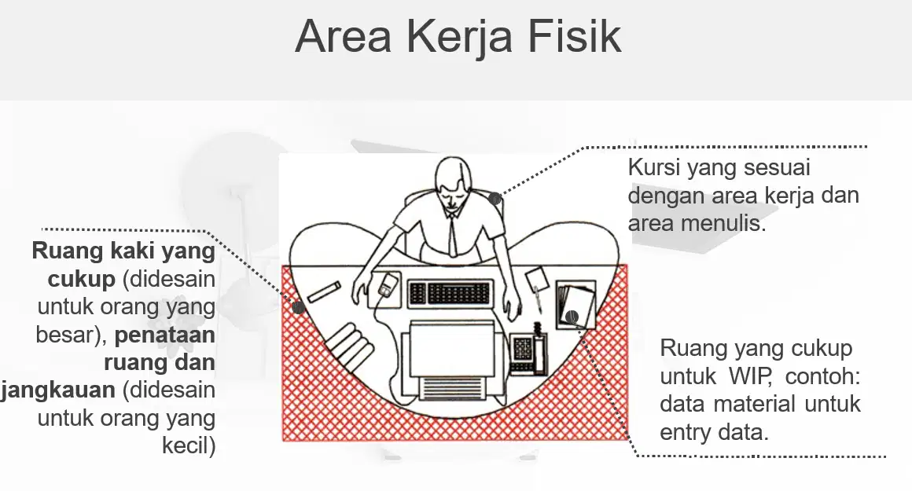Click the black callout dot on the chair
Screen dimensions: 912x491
tap(495, 199)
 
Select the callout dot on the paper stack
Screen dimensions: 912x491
tap(572, 317)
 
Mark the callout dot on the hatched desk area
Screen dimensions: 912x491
tap(299, 307)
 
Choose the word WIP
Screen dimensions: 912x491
tap(750, 376)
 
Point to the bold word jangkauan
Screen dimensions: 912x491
tap(58, 390)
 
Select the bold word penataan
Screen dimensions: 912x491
tap(165, 335)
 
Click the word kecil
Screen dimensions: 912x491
tap(189, 445)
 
